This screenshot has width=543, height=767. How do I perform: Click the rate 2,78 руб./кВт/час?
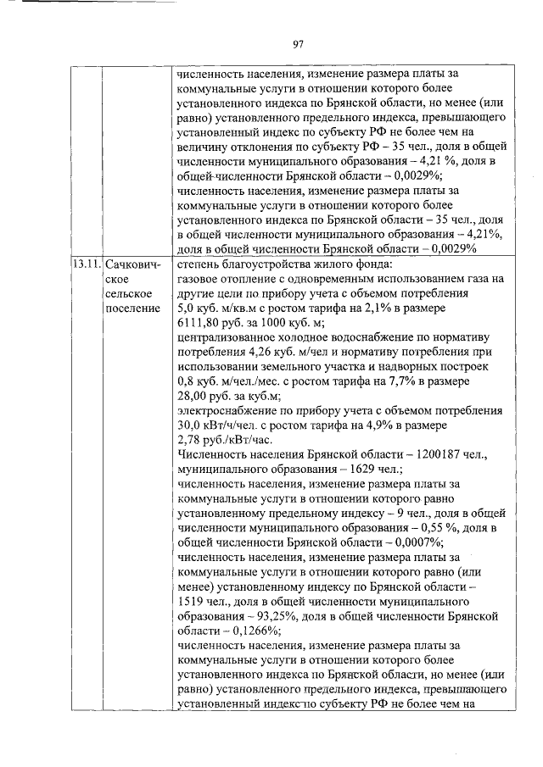pos(223,439)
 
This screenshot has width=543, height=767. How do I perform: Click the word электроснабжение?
pos(225,410)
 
